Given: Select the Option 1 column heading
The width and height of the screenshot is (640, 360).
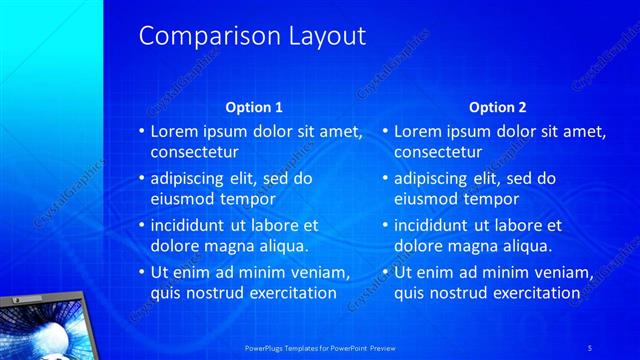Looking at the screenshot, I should [254, 107].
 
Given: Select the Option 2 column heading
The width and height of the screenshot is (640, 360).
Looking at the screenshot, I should [497, 107].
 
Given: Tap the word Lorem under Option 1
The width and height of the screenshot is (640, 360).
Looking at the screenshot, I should [173, 131].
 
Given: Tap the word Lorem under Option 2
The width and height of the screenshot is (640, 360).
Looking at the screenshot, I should [417, 131].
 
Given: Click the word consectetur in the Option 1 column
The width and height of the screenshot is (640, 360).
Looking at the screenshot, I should [194, 153].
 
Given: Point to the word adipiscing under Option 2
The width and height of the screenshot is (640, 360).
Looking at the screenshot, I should [432, 178].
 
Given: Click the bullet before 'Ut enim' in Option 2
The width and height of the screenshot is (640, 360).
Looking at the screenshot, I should [385, 272].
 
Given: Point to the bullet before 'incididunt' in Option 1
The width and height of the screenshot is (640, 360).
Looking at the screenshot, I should [141, 225].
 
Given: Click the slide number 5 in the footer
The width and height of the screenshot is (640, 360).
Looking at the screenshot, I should [591, 346].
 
